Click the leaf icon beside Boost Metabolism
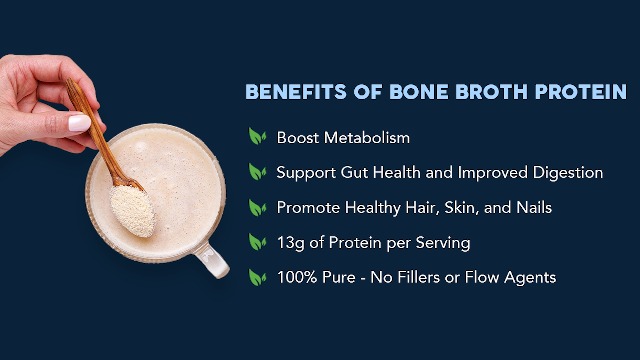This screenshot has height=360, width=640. (x=257, y=137)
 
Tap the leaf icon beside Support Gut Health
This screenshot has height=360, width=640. (x=257, y=172)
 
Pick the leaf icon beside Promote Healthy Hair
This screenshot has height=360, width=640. (x=257, y=207)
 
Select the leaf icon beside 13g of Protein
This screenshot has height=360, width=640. (x=257, y=242)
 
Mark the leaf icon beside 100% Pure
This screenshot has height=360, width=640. (x=257, y=277)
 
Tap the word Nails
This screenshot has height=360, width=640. (x=532, y=207)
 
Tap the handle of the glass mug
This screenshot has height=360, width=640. (x=212, y=262)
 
